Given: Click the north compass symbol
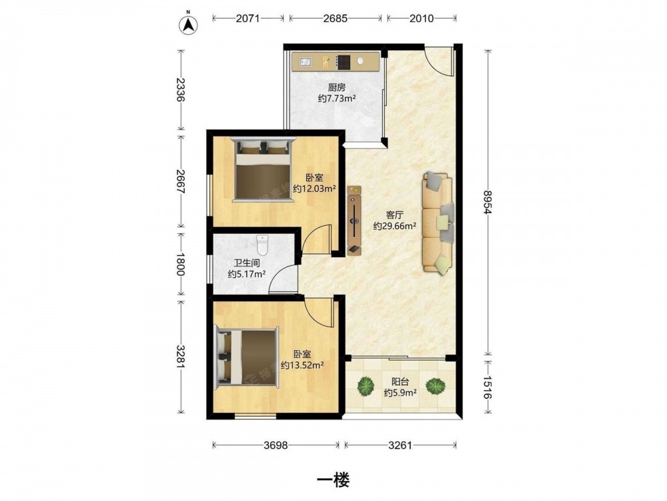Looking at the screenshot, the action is [x=189, y=25].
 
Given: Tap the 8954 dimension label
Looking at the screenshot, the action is [x=488, y=204].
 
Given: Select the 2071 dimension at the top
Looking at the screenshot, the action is [x=247, y=18].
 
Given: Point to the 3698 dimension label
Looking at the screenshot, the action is [x=275, y=445].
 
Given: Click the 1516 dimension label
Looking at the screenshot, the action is [x=488, y=387].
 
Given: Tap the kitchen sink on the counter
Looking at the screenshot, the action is [x=305, y=62].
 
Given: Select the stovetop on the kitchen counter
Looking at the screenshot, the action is [x=343, y=62].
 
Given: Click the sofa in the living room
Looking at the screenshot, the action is [x=438, y=222].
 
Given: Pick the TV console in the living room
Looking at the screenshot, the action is [x=354, y=220].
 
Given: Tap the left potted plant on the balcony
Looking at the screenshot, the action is [x=366, y=386].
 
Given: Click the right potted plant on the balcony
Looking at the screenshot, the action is [x=436, y=385].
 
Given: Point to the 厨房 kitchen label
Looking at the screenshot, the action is [x=336, y=88].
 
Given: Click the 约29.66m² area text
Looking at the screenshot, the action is [x=394, y=226].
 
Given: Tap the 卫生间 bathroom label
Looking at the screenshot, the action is [x=247, y=263].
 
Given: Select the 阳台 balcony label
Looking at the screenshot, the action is [x=400, y=381].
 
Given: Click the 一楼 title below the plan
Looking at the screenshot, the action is [x=333, y=481].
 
